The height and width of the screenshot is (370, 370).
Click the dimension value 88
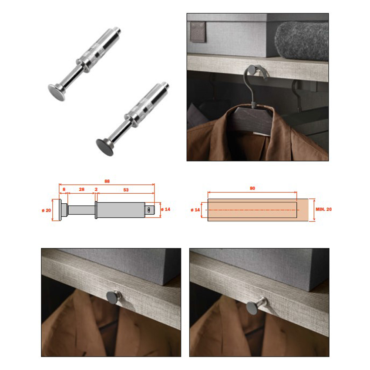(107, 181)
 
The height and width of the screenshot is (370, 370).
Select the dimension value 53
(126, 190)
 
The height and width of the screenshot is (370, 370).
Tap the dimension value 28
(82, 189)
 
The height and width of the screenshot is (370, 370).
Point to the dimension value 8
(64, 189)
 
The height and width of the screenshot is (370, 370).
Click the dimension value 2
(96, 189)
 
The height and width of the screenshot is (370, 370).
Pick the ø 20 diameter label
(46, 210)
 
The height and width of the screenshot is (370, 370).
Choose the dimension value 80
(252, 188)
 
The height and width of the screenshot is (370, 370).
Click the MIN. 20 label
(323, 209)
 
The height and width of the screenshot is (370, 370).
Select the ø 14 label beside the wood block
(195, 210)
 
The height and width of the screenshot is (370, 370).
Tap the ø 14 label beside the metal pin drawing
(166, 209)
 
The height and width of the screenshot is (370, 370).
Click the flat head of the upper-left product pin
(57, 93)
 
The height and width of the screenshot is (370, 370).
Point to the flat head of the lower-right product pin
(105, 148)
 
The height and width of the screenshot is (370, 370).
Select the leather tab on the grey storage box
(198, 32)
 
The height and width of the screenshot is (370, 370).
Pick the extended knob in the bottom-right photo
(252, 307)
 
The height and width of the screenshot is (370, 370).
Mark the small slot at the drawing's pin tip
(149, 209)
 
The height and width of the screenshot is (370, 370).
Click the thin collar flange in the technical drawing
(96, 210)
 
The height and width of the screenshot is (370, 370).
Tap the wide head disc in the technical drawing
(60, 210)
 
